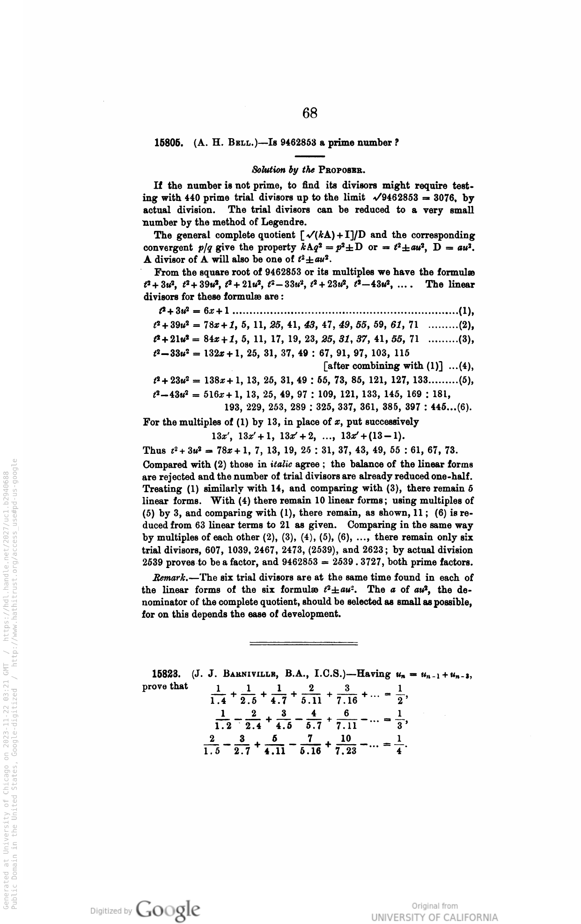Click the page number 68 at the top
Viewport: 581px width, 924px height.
(310, 113)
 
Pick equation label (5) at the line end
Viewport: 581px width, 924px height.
(467, 381)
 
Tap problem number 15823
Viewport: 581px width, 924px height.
(167, 674)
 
